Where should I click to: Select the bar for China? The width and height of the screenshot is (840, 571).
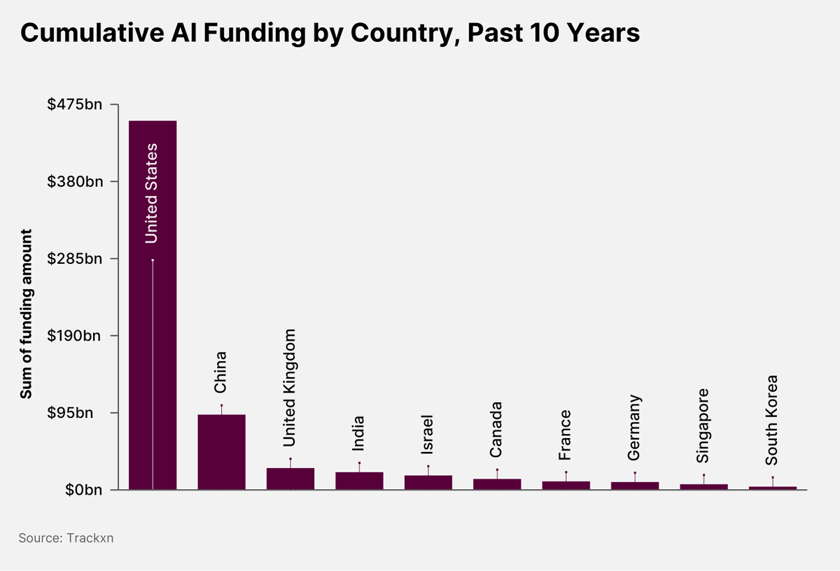point(221,452)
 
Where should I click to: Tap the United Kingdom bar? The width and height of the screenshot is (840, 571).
point(290,479)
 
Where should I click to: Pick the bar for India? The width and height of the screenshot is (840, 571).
point(359,481)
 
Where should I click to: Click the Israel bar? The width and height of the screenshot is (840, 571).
point(428,482)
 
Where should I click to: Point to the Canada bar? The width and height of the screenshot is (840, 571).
point(497,484)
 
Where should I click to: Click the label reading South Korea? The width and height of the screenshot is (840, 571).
point(771,420)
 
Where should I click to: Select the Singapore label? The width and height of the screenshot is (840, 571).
point(703,425)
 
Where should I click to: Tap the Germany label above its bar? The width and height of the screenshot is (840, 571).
point(634,428)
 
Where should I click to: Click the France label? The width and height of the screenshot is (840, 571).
point(565,435)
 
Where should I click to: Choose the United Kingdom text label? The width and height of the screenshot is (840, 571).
point(290,388)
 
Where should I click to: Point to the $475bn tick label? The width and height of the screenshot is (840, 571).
point(74,104)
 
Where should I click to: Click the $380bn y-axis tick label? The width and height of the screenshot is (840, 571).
point(74,181)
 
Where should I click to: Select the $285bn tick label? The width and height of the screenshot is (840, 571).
point(74,258)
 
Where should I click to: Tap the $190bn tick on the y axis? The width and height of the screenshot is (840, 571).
point(74,335)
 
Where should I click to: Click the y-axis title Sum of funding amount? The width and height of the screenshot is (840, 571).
point(26,313)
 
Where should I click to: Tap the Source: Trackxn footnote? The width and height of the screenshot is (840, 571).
point(66,538)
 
